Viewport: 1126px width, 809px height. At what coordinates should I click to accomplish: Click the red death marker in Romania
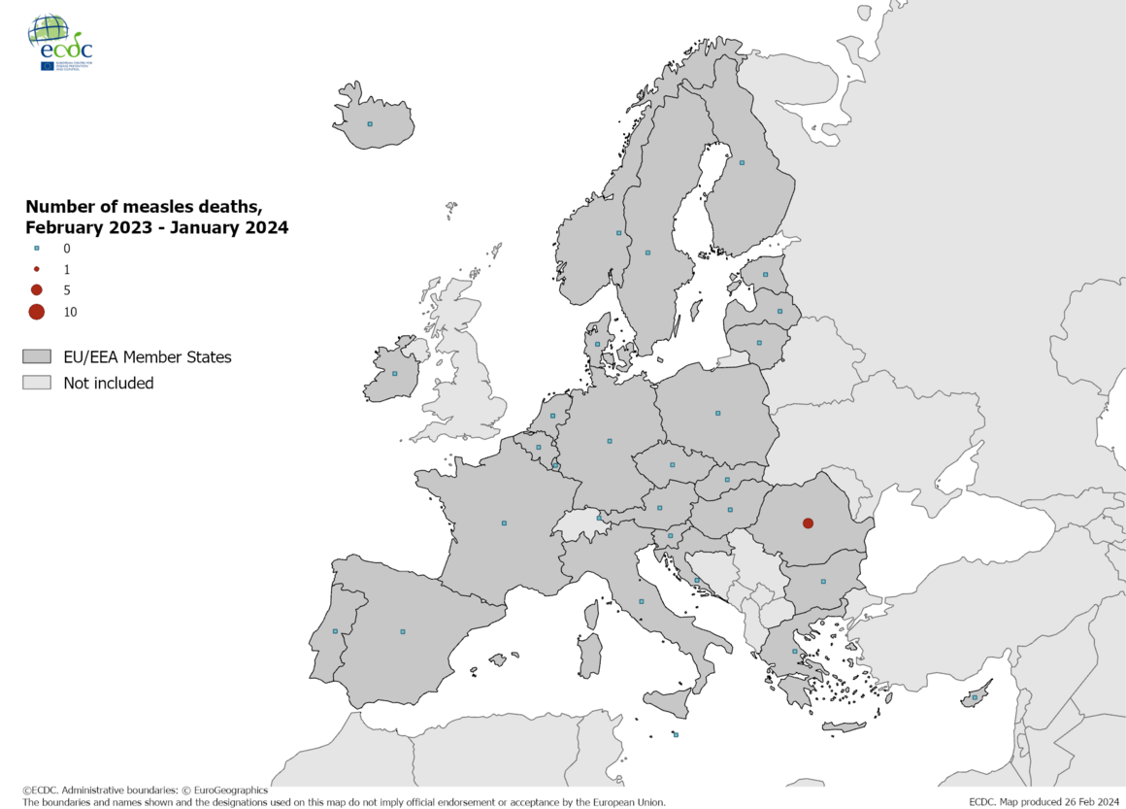(808, 523)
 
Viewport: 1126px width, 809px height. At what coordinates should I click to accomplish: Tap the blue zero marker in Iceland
(369, 124)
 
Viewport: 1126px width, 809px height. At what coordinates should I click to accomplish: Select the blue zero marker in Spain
(403, 632)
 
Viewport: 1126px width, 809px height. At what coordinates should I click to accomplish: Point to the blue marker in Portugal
(335, 631)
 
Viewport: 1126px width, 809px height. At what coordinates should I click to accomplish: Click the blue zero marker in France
(504, 523)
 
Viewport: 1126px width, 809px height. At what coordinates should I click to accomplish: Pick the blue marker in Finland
(742, 163)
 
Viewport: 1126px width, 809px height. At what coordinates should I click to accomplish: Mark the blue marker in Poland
(717, 414)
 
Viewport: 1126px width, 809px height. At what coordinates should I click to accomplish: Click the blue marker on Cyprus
(975, 698)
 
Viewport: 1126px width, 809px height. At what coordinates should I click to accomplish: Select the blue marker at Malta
(676, 735)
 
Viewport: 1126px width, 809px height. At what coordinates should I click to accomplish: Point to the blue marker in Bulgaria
(823, 582)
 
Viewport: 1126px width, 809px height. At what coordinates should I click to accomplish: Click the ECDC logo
(61, 44)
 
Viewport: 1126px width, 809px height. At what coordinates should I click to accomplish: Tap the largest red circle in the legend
(37, 312)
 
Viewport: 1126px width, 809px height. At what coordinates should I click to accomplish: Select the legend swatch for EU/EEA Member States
(38, 357)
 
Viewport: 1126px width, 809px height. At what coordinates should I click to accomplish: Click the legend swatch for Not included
(38, 383)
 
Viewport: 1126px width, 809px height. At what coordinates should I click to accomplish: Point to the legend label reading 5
(67, 290)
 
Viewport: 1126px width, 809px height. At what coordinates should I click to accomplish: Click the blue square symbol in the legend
(37, 249)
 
